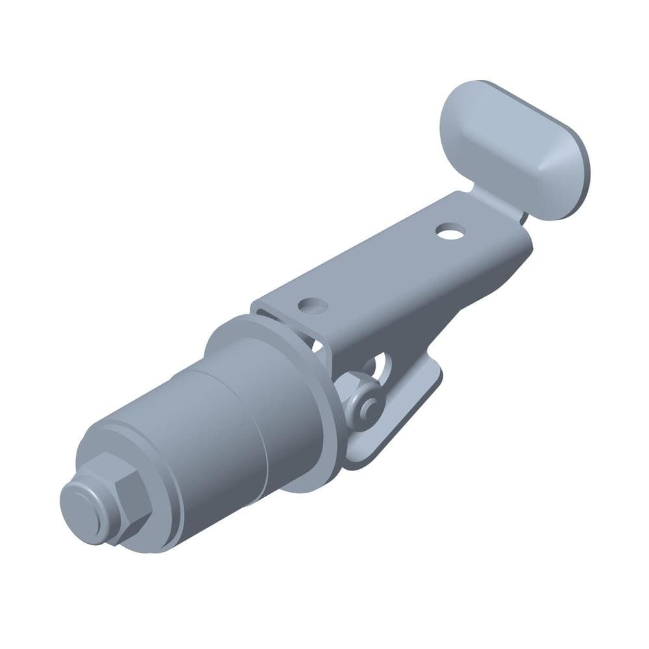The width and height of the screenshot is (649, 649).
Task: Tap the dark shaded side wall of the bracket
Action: [454, 305]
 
